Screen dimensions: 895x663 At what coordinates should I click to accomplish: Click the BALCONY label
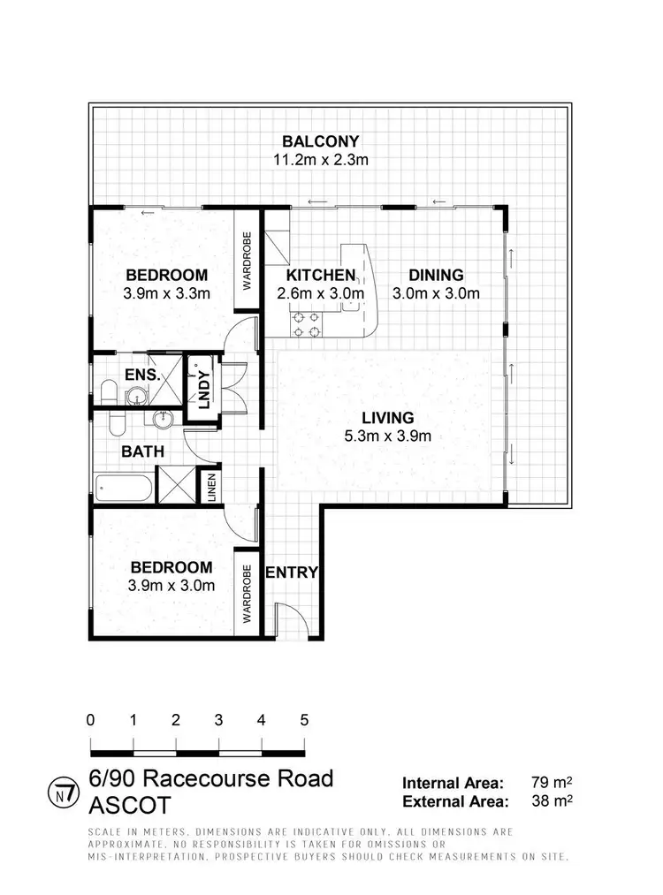[x=320, y=141]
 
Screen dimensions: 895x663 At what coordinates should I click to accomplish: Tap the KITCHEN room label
[x=320, y=275]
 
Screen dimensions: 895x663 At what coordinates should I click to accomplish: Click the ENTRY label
[x=291, y=573]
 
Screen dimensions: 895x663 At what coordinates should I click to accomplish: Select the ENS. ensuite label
[x=141, y=375]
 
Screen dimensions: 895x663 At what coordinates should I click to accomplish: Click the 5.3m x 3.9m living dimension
[x=387, y=435]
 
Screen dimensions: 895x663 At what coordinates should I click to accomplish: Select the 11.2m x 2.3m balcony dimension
[x=320, y=160]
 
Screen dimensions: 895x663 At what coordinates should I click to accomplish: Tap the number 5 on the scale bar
[x=303, y=719]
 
